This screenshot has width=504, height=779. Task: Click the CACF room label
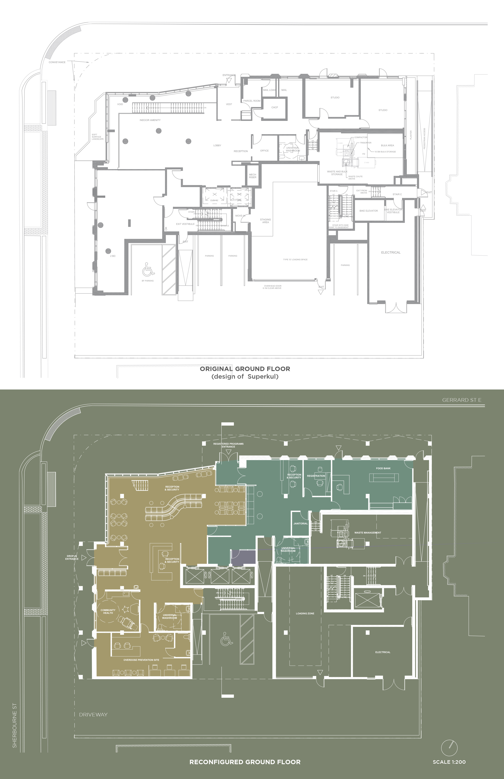[275, 107]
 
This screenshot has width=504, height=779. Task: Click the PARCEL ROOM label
[252, 101]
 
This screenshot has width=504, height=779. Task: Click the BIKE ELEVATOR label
[369, 211]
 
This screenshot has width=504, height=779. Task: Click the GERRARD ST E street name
[461, 400]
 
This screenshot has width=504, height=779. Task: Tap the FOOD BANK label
[383, 468]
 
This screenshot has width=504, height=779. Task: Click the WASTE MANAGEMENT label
[367, 532]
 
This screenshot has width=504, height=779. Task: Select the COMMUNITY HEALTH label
[108, 611]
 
